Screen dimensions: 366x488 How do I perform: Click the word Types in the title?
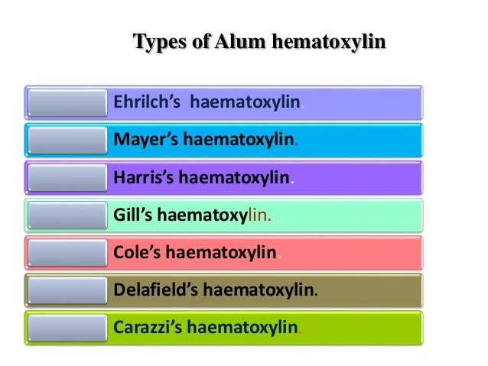(x=158, y=41)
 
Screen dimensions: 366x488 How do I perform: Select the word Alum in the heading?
(x=234, y=41)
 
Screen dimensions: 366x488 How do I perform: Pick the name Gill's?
(x=133, y=215)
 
